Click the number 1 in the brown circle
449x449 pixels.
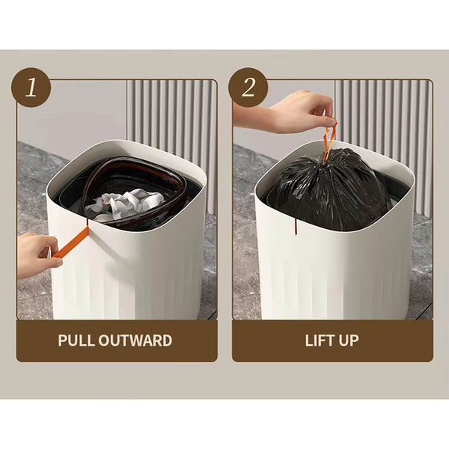[x=31, y=88]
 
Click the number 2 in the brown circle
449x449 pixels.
[x=248, y=88]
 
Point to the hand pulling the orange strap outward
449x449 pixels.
[x=34, y=254]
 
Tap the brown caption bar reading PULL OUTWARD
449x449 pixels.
[x=116, y=340]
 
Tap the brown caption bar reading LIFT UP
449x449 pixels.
[x=332, y=340]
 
